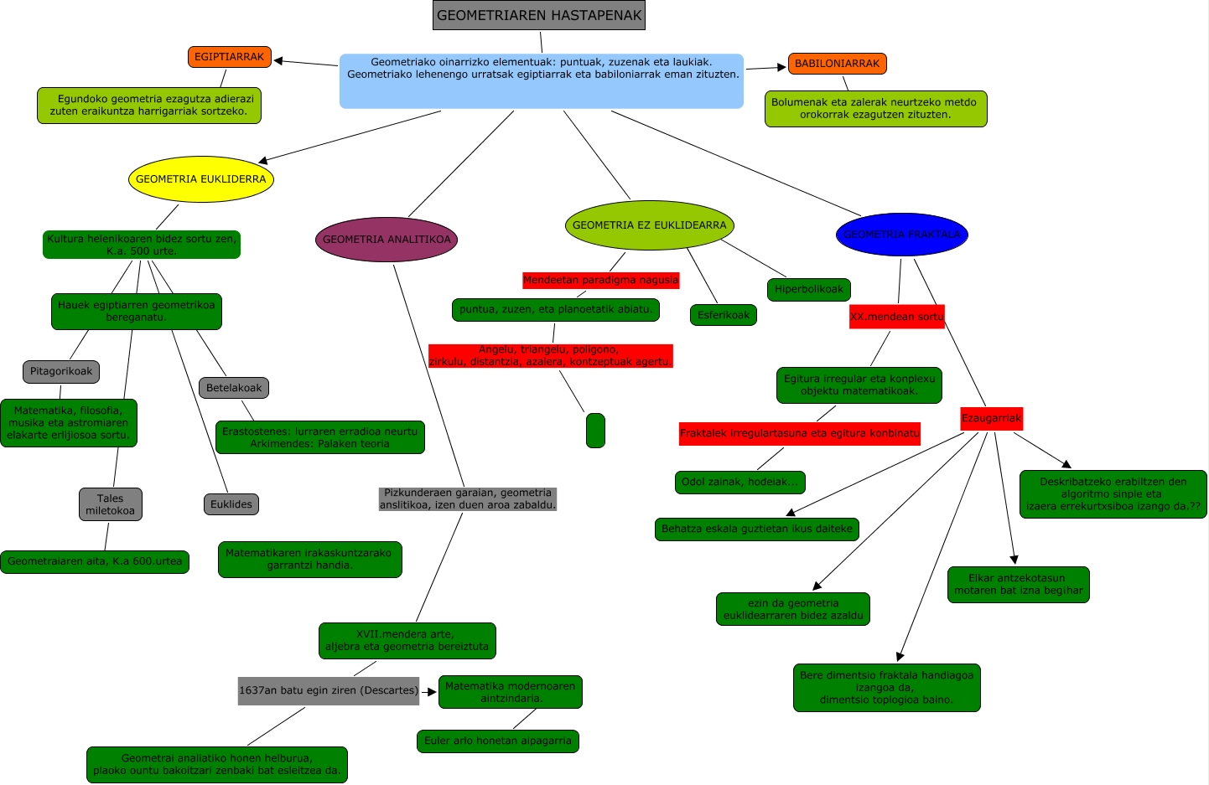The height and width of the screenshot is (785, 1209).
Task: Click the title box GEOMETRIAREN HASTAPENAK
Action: point(539,15)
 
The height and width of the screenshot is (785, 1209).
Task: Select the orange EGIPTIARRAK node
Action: point(229,57)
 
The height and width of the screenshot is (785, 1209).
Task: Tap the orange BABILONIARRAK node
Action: point(837,64)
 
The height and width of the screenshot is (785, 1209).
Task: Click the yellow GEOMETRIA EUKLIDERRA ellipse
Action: point(201,179)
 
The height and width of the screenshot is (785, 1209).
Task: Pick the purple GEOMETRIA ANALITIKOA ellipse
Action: point(387,240)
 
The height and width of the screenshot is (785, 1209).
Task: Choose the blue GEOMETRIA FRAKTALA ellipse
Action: point(901,235)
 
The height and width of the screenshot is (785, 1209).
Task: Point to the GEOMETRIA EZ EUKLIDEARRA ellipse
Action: point(649,225)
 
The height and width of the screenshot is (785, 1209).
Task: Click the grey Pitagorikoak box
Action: point(61,371)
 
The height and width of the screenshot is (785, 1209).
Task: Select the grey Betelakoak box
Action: point(234,388)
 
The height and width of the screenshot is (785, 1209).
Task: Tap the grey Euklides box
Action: point(231,504)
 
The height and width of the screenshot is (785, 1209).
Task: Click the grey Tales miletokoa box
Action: point(110,504)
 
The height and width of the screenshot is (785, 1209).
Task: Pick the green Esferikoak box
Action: point(724,315)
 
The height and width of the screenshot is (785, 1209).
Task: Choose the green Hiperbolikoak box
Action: point(808,290)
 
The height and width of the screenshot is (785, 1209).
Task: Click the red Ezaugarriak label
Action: point(991,418)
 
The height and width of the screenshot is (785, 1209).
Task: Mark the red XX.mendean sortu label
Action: point(896,317)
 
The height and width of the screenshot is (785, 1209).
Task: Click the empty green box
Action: point(595,431)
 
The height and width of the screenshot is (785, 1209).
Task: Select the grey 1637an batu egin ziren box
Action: point(328,691)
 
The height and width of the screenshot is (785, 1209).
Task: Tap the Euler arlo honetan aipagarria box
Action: point(497,741)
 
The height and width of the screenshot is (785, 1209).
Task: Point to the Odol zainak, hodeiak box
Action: point(739,483)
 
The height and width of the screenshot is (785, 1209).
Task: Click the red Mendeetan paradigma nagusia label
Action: point(600,280)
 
